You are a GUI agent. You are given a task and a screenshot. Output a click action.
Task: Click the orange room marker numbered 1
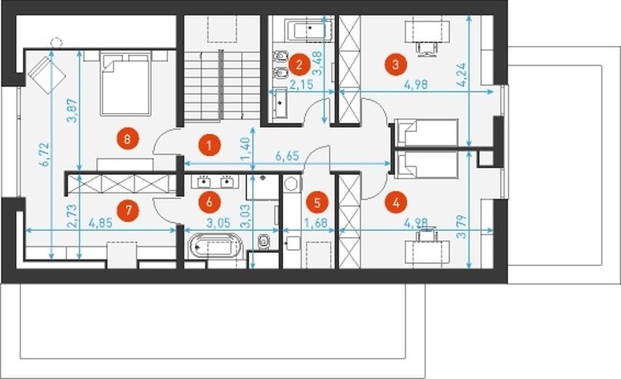pyautogui.click(x=209, y=145)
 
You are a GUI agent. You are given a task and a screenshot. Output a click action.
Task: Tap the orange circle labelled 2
pyautogui.click(x=299, y=65)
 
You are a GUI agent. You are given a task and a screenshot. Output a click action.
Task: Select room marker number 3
pyautogui.click(x=395, y=64)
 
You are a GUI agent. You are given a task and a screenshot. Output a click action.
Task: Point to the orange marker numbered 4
pyautogui.click(x=395, y=203)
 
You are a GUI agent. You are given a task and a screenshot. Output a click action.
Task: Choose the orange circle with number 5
pyautogui.click(x=317, y=203)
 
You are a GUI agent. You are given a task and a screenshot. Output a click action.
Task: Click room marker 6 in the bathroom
pyautogui.click(x=209, y=202)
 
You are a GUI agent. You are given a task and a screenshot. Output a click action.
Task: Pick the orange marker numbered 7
pyautogui.click(x=128, y=209)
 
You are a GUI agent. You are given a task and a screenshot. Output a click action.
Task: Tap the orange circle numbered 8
pyautogui.click(x=127, y=139)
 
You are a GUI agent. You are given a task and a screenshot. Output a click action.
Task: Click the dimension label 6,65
pyautogui.click(x=287, y=156)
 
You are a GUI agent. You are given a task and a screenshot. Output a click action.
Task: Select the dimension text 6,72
pyautogui.click(x=44, y=155)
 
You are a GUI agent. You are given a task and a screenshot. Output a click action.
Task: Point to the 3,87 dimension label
pyautogui.click(x=74, y=111)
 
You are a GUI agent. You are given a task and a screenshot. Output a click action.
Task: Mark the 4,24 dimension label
pyautogui.click(x=462, y=75)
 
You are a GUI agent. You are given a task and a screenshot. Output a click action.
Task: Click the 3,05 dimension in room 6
pyautogui.click(x=218, y=223)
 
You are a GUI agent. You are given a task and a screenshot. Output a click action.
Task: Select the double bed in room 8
pyautogui.click(x=126, y=83)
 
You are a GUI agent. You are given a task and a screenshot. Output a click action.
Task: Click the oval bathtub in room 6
pyautogui.click(x=215, y=246)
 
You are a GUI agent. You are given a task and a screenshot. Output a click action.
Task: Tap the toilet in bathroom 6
pyautogui.click(x=264, y=241)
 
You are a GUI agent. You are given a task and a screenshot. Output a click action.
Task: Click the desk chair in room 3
pyautogui.click(x=427, y=48)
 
